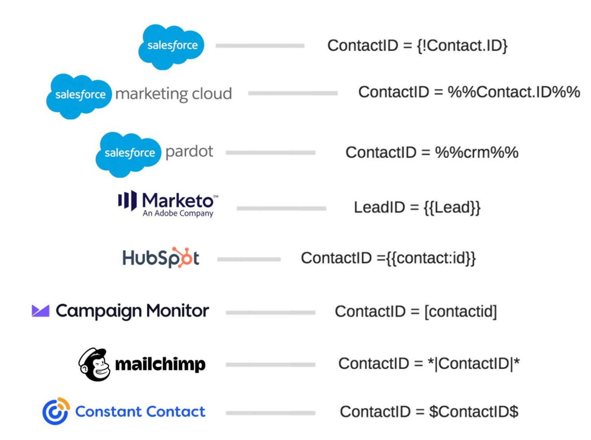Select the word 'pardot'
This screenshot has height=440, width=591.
(189, 152)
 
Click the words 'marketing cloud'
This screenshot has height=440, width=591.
(174, 94)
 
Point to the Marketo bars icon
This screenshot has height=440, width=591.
(127, 200)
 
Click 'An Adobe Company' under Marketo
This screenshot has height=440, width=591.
(178, 213)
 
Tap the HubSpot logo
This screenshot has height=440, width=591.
(161, 258)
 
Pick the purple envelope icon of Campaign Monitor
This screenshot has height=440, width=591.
(40, 311)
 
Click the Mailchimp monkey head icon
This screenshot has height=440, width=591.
(94, 365)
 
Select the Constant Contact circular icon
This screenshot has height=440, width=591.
(56, 412)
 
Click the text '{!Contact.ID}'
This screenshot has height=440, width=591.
(462, 46)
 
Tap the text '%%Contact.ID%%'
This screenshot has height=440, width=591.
(514, 92)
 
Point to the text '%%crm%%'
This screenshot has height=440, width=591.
(476, 153)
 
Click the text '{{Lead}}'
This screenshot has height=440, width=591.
(452, 208)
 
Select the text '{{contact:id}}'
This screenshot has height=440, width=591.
(431, 258)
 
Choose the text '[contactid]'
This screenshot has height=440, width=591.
(461, 312)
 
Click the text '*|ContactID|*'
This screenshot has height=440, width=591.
(474, 363)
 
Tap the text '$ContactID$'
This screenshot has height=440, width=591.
(474, 412)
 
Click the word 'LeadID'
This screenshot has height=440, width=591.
(379, 208)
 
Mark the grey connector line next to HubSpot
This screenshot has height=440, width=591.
(249, 260)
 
